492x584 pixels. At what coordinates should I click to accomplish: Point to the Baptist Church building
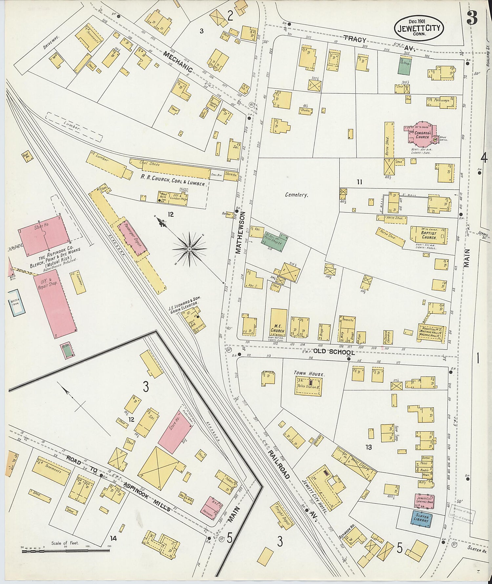(429, 235)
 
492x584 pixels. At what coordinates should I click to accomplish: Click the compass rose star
(189, 249)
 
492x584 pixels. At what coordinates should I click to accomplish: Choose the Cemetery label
(296, 195)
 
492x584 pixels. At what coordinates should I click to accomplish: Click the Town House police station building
(308, 385)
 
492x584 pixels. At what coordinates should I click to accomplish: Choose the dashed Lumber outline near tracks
(74, 127)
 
